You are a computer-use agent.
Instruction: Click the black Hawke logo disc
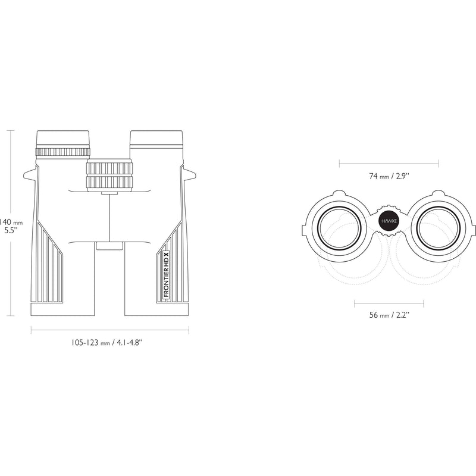click(x=389, y=221)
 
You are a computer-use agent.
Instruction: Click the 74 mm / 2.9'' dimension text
click(x=389, y=176)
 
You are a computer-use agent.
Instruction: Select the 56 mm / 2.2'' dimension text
click(x=389, y=315)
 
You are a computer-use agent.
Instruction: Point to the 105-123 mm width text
click(x=107, y=343)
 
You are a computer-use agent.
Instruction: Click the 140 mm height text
click(x=11, y=222)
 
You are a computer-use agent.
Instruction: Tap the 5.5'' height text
click(x=11, y=231)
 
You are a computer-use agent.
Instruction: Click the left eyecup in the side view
click(x=63, y=139)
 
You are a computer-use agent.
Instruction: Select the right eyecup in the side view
click(x=156, y=139)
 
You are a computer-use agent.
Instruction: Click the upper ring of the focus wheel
click(x=109, y=168)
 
